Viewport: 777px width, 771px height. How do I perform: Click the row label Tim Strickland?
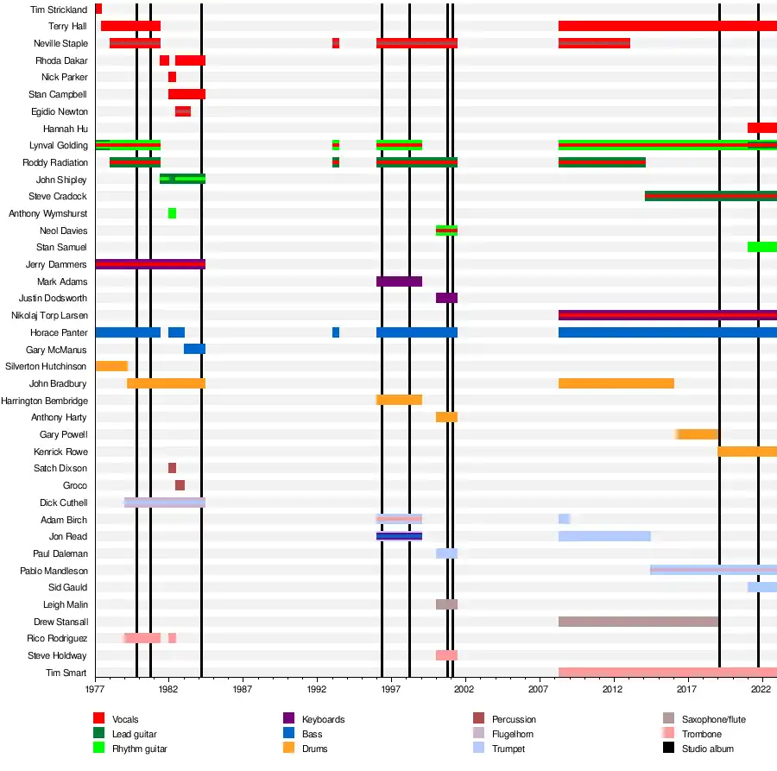tap(59, 9)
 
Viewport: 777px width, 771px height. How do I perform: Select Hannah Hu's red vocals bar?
tap(761, 128)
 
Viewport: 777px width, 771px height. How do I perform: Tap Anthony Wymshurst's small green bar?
tap(172, 213)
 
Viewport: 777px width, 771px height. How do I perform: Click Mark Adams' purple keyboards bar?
tap(399, 281)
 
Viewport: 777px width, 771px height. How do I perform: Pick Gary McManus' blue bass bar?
tap(194, 349)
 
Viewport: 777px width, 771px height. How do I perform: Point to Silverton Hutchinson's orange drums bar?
tap(111, 366)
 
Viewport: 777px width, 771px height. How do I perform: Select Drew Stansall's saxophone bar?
tap(638, 622)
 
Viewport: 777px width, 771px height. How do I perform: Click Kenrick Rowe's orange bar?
tap(747, 452)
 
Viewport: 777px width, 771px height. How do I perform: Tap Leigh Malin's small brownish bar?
tap(446, 604)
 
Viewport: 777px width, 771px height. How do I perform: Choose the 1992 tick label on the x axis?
tap(317, 690)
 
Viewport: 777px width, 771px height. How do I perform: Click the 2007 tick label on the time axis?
tap(539, 690)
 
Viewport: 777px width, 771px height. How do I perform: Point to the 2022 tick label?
tap(761, 690)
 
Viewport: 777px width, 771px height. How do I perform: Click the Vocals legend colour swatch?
tap(98, 719)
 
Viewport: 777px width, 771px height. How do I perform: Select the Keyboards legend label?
tap(323, 720)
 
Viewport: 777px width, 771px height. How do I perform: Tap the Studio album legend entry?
tap(707, 749)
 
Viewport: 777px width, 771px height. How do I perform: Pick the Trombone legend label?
tap(701, 734)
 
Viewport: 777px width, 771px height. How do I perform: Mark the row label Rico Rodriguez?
tap(57, 638)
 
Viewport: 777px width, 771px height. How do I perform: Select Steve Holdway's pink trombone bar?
tap(446, 655)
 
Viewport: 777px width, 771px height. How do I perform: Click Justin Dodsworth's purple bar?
tap(446, 298)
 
